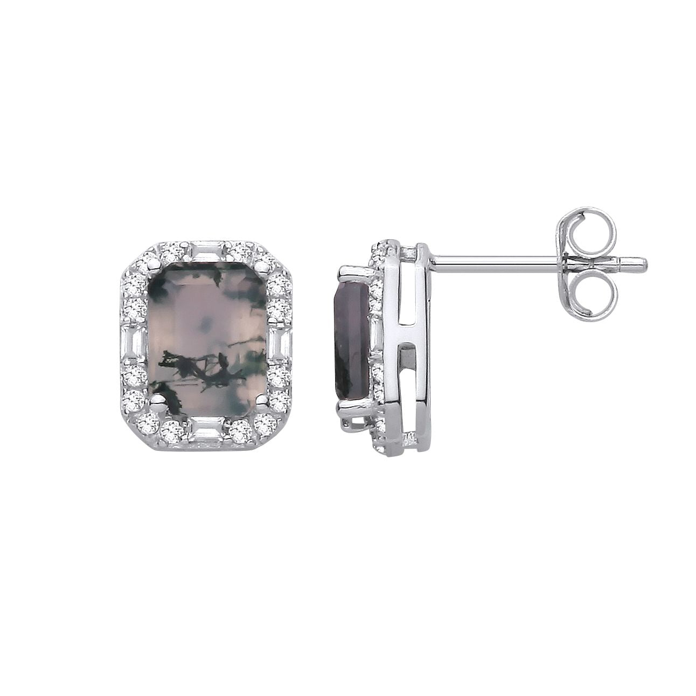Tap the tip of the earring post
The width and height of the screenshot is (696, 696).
point(643,262)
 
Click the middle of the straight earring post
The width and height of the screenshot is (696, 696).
point(496,262)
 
